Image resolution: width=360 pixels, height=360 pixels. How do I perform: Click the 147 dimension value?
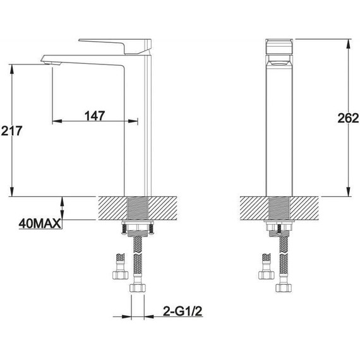tap(93, 116)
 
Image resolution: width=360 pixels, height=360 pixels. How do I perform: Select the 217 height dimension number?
tap(13, 131)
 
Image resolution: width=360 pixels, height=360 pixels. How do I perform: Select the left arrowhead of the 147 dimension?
tap(54, 120)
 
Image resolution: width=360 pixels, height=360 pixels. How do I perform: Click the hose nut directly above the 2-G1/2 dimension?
tap(138, 288)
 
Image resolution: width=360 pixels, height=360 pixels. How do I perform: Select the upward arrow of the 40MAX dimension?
tap(62, 201)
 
